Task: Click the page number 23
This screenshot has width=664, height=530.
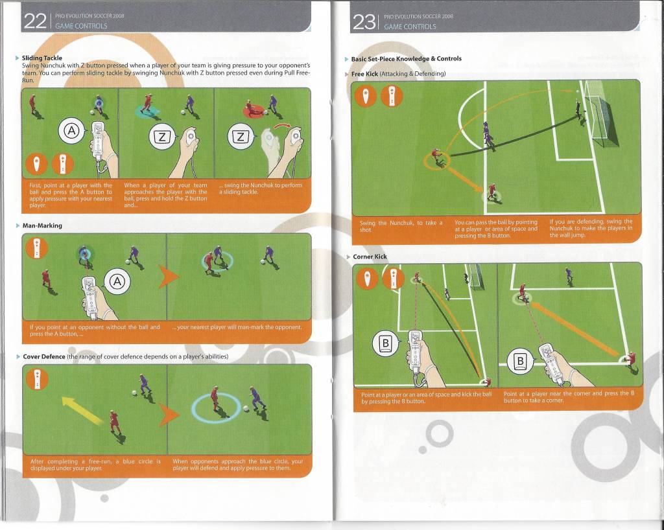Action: click(x=364, y=21)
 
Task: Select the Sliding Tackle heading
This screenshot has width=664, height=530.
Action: click(x=42, y=58)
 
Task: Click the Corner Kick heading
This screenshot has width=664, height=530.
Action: click(x=370, y=257)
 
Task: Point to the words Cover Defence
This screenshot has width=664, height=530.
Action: click(x=44, y=356)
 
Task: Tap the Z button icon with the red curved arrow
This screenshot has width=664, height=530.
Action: click(x=239, y=136)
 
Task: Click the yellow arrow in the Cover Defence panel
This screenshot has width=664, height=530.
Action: click(x=82, y=411)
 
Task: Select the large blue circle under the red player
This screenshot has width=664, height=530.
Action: click(x=216, y=406)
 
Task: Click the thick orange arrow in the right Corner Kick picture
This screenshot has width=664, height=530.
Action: click(x=574, y=328)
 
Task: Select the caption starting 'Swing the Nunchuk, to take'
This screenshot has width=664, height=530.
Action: click(x=401, y=225)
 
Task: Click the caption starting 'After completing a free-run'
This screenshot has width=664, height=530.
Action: click(x=95, y=465)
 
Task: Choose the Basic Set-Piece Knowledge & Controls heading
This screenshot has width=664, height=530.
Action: click(x=406, y=59)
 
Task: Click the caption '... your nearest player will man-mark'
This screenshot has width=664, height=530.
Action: click(x=237, y=327)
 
